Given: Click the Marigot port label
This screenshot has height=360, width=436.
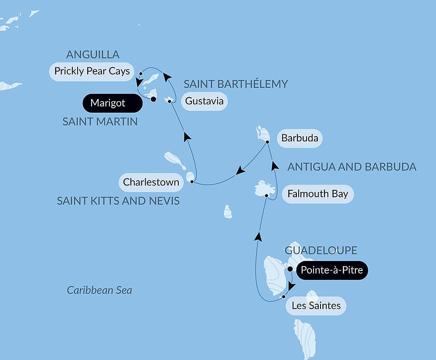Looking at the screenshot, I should [x=108, y=103].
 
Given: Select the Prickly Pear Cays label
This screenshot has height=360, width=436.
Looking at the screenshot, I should [x=92, y=71].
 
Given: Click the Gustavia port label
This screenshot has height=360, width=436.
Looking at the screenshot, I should [x=204, y=101].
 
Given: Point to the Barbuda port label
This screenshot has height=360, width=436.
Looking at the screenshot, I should [x=300, y=139].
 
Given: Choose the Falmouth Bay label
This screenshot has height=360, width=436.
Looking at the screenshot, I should [x=317, y=193].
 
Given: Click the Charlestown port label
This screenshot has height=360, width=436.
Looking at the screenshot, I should [x=151, y=182].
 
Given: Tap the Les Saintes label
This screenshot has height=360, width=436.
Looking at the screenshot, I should [x=316, y=305].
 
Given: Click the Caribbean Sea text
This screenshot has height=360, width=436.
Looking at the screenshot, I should [x=99, y=290].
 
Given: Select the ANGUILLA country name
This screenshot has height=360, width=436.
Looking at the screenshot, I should [x=92, y=55].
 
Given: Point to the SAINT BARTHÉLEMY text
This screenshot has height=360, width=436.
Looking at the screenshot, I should [x=235, y=84].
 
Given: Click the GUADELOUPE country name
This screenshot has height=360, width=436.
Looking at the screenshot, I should [x=321, y=250].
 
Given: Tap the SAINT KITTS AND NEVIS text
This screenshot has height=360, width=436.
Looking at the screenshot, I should [x=118, y=201].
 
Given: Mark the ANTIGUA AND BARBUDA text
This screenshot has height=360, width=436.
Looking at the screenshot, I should [x=352, y=167].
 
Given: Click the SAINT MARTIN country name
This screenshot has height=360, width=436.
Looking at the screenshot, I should [x=100, y=122].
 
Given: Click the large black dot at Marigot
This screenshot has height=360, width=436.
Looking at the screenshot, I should [x=153, y=99].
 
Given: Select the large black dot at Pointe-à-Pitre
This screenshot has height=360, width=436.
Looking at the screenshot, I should [x=290, y=269].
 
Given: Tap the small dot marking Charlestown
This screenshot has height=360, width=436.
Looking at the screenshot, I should [x=192, y=182].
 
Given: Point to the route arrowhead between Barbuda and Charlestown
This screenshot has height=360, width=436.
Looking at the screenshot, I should [x=240, y=171].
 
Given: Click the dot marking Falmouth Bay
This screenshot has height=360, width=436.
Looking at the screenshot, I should [x=266, y=196].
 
